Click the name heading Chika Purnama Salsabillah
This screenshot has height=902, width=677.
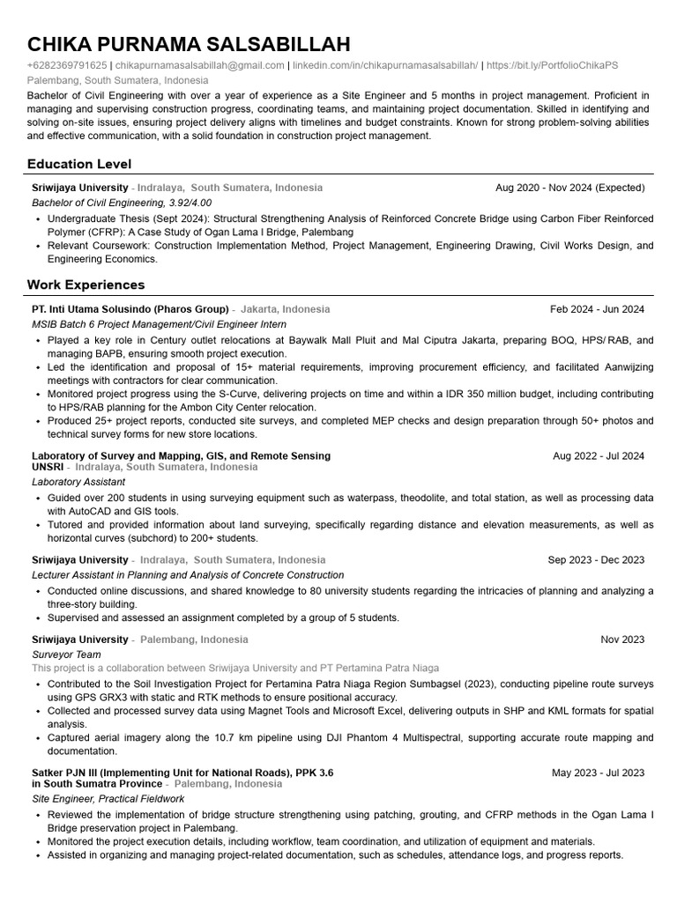pos(189,44)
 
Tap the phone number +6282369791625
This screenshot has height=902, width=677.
pos(67,66)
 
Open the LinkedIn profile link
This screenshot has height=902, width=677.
pos(386,66)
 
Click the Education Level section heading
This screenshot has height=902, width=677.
pos(79,164)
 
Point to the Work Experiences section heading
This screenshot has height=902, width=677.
pos(86,285)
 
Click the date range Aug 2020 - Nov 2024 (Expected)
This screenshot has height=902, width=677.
pos(569,189)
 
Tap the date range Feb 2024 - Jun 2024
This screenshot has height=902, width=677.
pos(597,310)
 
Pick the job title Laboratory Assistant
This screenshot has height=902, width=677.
pos(78,483)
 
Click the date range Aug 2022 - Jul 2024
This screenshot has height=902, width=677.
pos(598,456)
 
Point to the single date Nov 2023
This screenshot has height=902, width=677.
pos(622,640)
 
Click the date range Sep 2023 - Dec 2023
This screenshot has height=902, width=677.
pos(596,560)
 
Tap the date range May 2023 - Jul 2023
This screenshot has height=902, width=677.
pos(598,773)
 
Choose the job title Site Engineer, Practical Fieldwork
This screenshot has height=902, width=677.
pos(108,799)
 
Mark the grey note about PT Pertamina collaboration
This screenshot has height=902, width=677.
pos(234,669)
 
